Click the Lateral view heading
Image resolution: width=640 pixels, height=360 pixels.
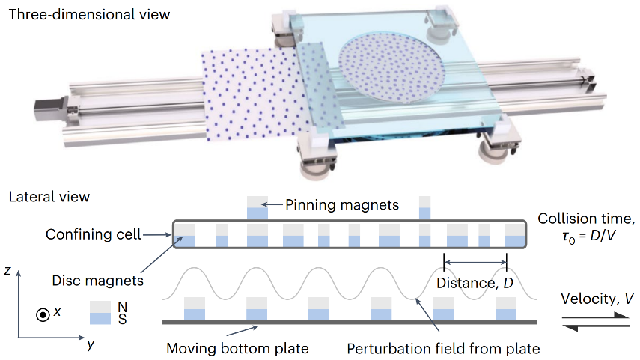(49, 198)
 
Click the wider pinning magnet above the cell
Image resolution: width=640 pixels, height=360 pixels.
(257, 207)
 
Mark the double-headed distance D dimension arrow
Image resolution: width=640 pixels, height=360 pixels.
(475, 261)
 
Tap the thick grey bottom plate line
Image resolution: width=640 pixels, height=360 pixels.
(348, 323)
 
